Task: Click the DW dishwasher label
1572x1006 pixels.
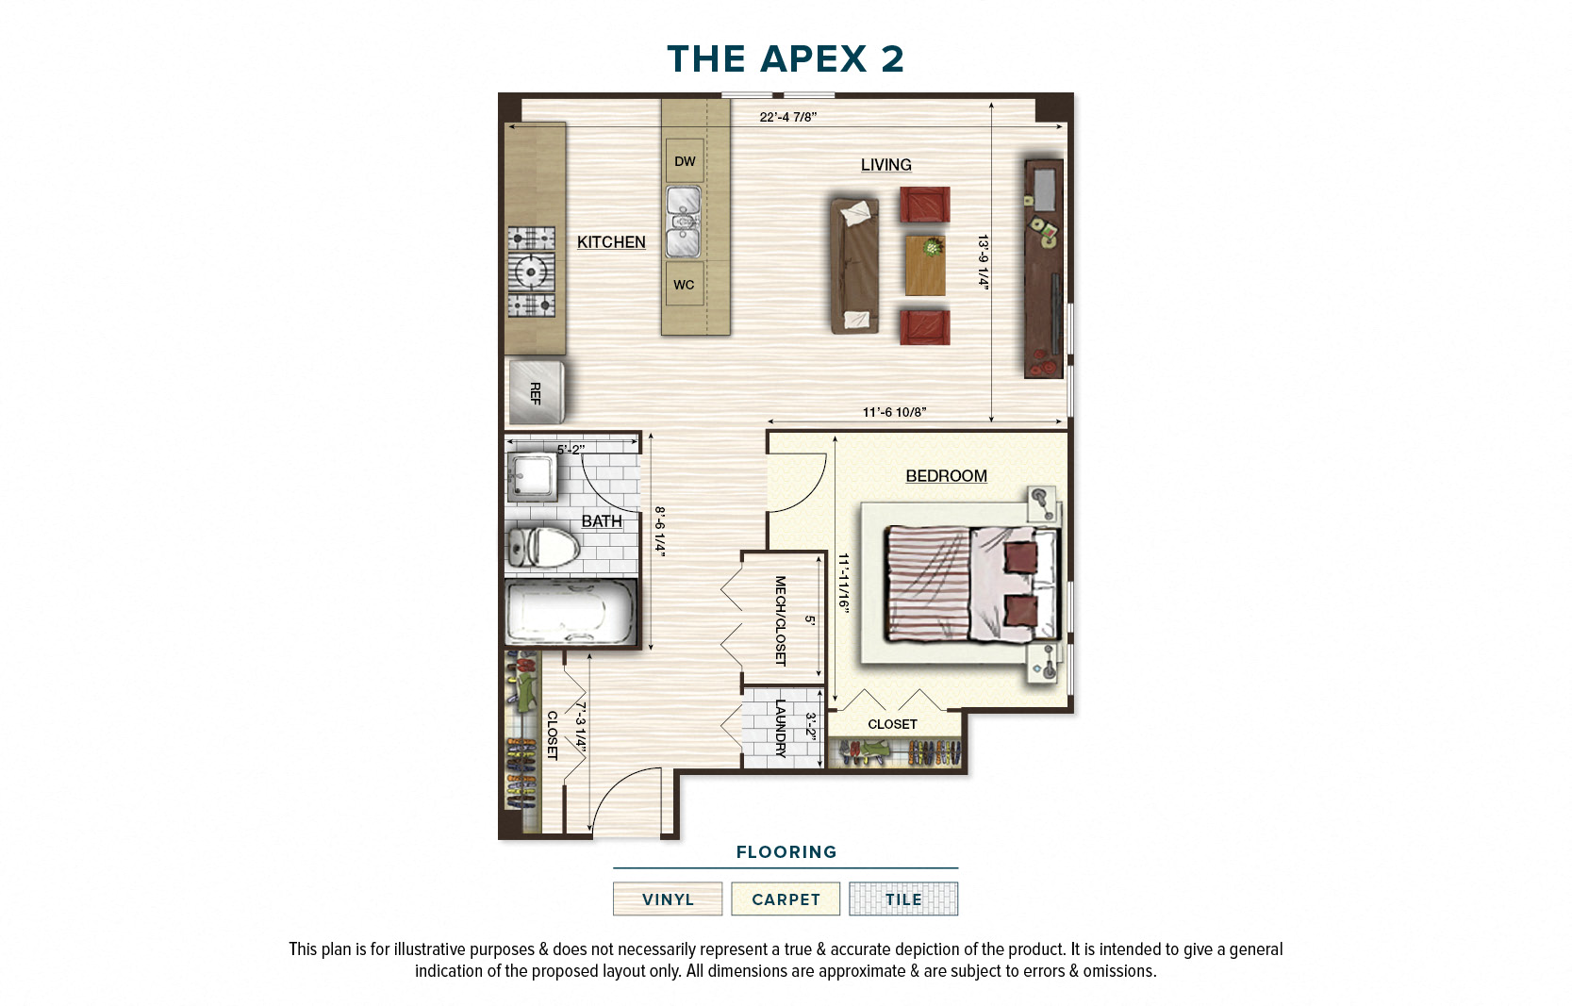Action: [x=685, y=161]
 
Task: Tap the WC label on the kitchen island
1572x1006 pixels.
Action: [x=684, y=285]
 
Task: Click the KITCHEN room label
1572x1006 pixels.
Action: [x=611, y=242]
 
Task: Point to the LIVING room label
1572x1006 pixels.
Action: [x=885, y=165]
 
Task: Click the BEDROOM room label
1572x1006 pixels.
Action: [x=946, y=476]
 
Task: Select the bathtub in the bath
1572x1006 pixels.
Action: [x=571, y=613]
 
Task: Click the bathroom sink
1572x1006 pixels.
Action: [x=531, y=476]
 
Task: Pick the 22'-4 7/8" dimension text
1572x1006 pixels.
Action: [x=787, y=117]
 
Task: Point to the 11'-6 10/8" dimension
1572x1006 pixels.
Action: [x=894, y=412]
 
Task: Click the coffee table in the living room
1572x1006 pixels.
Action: [x=925, y=266]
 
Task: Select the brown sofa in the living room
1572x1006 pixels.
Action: [x=854, y=265]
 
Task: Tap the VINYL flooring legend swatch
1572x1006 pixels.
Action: [x=668, y=899]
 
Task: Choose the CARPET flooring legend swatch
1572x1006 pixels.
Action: [x=786, y=899]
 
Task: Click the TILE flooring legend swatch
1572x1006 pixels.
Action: [x=902, y=899]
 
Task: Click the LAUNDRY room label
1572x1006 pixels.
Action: [x=780, y=728]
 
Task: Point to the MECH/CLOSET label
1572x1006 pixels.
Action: [x=780, y=620]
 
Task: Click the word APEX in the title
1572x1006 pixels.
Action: [x=813, y=58]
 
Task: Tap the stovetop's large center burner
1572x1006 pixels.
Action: [x=531, y=272]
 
